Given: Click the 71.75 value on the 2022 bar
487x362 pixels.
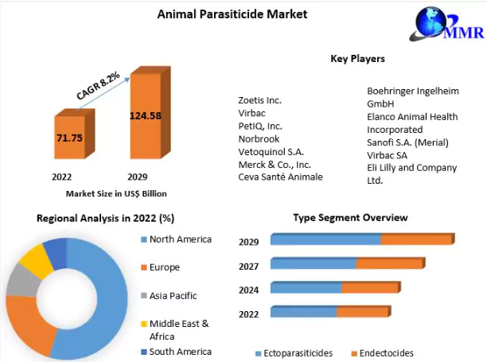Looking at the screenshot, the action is click(x=69, y=138).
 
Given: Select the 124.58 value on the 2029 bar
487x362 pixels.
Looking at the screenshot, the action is click(x=146, y=116).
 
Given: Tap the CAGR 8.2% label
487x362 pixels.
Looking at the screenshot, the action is click(x=98, y=85).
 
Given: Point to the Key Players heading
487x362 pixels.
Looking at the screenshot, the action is click(x=357, y=58).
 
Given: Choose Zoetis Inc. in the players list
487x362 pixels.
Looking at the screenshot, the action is click(x=259, y=100).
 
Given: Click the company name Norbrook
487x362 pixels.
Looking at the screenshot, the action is click(x=259, y=138).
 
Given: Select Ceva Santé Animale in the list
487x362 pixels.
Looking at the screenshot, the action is click(x=280, y=177).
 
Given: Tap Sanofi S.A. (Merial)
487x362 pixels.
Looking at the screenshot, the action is click(x=407, y=142).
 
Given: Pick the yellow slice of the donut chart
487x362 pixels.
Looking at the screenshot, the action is click(x=37, y=260).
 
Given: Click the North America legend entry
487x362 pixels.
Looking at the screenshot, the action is click(x=176, y=239).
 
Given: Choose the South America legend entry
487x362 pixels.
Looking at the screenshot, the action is click(x=176, y=352).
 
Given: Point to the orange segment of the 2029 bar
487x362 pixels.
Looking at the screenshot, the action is click(x=418, y=239).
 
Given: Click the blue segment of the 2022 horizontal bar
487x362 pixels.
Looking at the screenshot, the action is click(x=303, y=311).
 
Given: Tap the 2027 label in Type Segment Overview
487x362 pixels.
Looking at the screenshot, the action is click(x=248, y=266).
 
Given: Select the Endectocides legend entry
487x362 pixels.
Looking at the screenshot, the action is click(x=382, y=353).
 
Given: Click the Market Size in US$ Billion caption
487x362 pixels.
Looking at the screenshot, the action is click(x=116, y=193).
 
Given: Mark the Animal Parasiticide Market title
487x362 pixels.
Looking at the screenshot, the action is click(x=232, y=14).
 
